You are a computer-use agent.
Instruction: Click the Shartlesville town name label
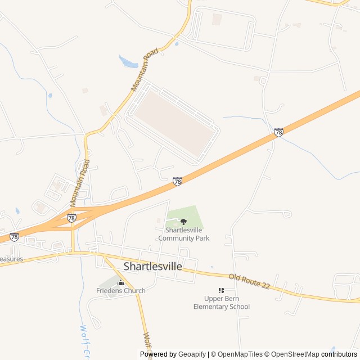coord(152,267)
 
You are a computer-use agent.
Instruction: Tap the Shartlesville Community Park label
coord(183,234)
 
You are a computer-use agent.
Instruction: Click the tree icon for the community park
coord(183,222)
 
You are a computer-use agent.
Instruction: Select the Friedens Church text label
coord(120,291)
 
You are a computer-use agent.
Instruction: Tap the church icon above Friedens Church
coord(120,282)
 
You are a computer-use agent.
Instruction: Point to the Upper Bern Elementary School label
coord(221,303)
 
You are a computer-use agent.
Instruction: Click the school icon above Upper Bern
coord(221,290)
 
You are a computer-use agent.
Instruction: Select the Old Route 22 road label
coord(249,282)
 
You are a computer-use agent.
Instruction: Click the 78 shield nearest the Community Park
coord(177,182)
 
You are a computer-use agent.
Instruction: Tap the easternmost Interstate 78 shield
coord(278,133)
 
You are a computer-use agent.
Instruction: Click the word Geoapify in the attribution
coord(192,354)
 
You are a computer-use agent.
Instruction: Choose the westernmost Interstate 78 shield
coord(14,237)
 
